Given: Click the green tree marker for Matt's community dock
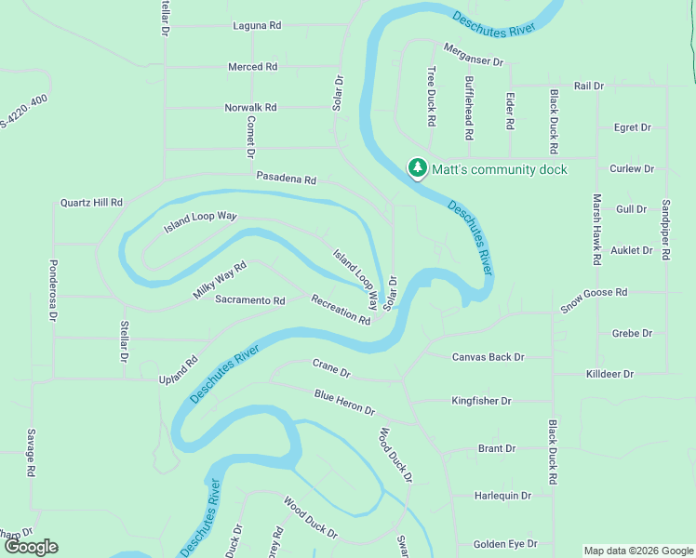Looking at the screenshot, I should point(418,168).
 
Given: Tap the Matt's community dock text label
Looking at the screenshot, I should point(499,169).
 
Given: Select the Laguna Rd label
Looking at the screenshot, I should point(257,26).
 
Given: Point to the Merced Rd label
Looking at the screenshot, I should point(253,67).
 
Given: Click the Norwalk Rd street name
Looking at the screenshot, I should point(251,108).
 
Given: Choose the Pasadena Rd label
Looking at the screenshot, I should point(287,179).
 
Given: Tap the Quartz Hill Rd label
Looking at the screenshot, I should point(91,202).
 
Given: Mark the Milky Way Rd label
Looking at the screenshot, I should point(220,280).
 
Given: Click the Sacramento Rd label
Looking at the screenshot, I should point(249,300).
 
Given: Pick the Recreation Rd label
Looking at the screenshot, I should point(341,310).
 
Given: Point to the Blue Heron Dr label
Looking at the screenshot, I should point(343,403).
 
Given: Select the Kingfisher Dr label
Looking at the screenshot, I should point(481,402).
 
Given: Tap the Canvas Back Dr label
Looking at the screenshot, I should point(488,357).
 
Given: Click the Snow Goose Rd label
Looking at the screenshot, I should point(594,299).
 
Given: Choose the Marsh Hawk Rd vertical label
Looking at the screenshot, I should point(597,227).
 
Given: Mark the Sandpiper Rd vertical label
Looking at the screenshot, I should point(665,230).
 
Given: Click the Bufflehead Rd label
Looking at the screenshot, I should point(469,108).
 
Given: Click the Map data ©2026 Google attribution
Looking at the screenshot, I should point(638,551).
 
